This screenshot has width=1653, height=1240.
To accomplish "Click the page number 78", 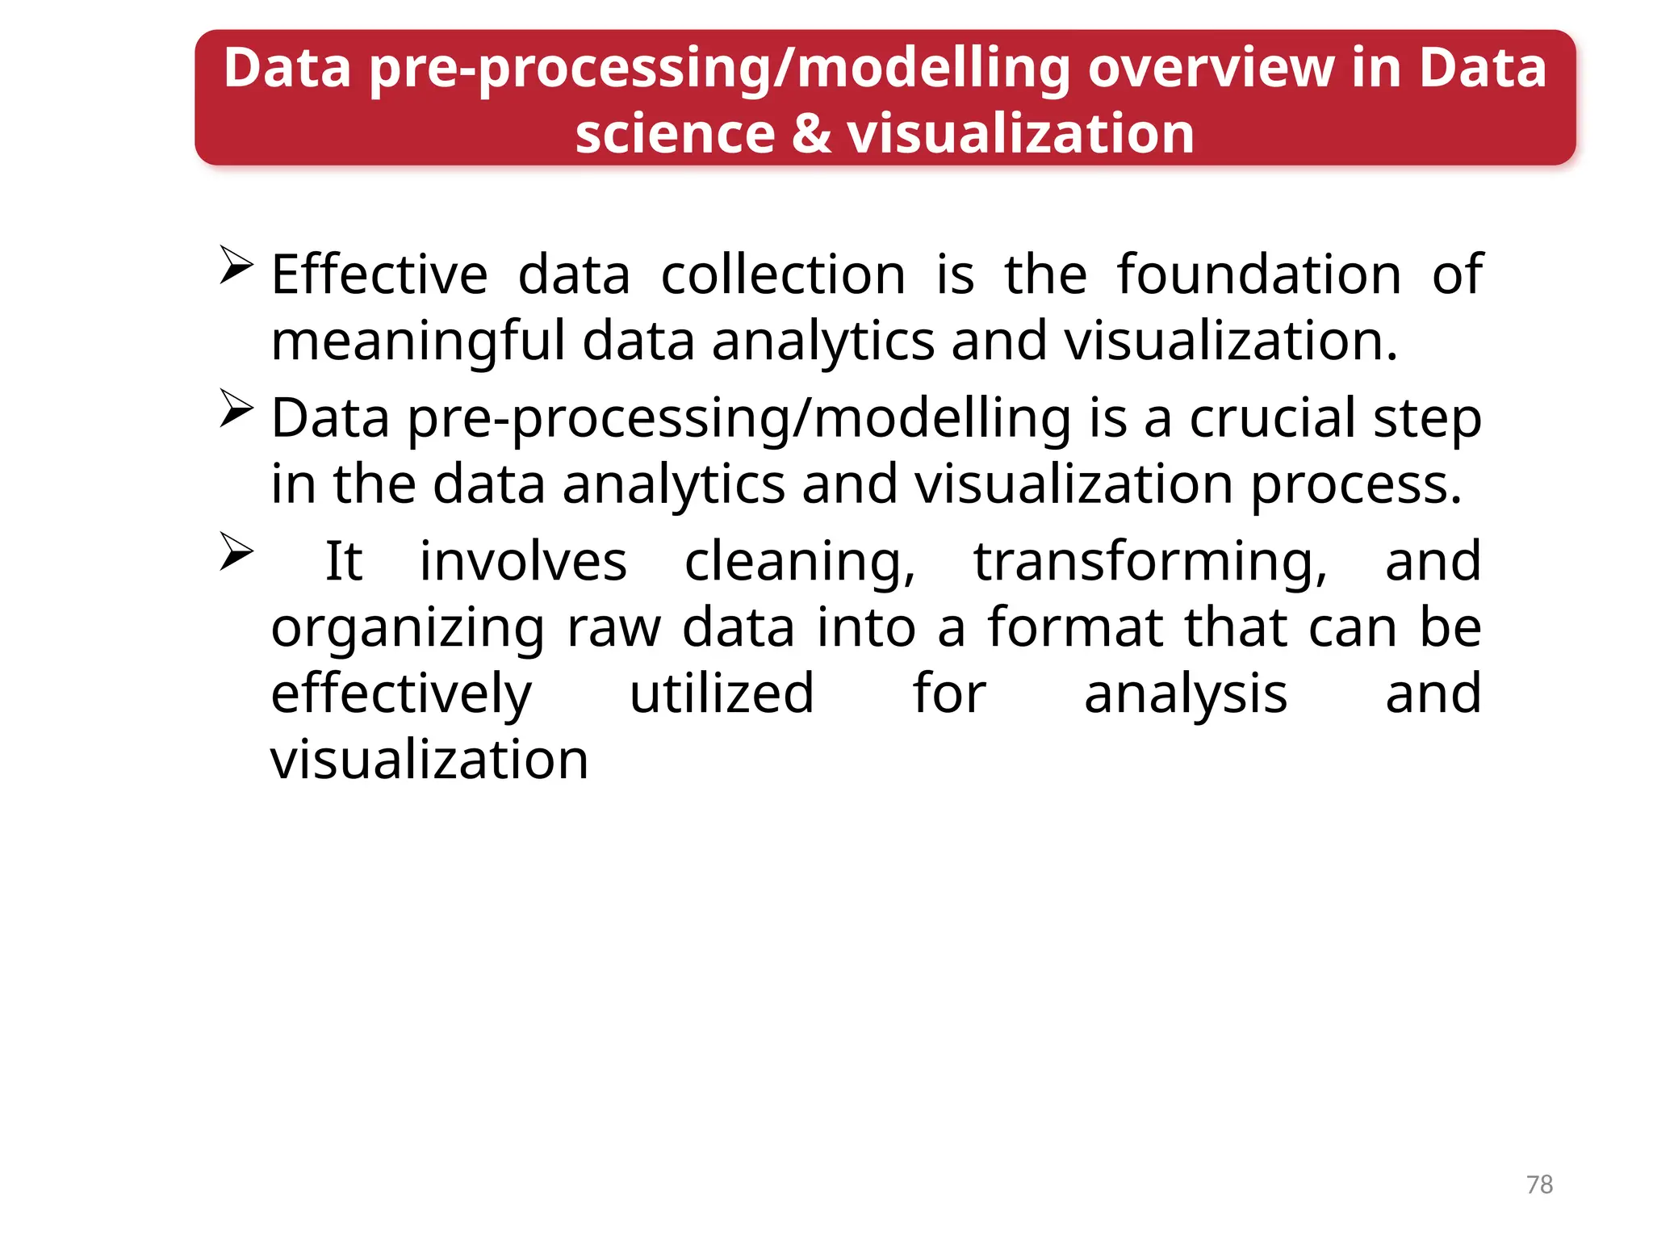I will [x=1539, y=1184].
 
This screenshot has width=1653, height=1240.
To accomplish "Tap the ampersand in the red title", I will [x=810, y=134].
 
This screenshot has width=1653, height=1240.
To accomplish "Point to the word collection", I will [x=783, y=275].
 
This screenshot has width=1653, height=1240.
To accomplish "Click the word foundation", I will [x=1259, y=275].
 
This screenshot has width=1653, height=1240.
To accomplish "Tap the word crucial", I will [x=1272, y=418].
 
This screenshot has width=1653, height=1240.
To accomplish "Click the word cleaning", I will [x=800, y=563].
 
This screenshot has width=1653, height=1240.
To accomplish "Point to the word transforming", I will [x=1150, y=563].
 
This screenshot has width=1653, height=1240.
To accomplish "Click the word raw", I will [x=613, y=628].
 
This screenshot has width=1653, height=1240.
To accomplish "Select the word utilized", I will [x=722, y=694].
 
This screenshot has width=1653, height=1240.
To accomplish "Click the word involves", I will [x=523, y=561].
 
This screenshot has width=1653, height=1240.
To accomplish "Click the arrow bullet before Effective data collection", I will [x=236, y=266].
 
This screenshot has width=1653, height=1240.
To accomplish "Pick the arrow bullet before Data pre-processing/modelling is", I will [x=236, y=408].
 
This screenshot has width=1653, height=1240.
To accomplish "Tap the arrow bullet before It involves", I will [x=236, y=552].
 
